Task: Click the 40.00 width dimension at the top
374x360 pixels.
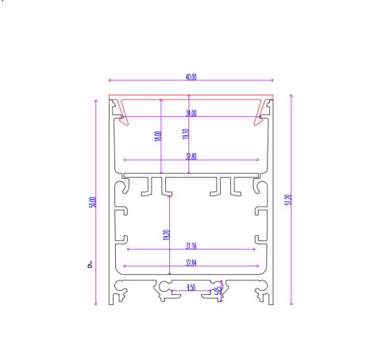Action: (191, 77)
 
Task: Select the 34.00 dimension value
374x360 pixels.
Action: (191, 114)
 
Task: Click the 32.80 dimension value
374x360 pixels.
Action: (191, 157)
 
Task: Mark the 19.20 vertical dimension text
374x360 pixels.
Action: (166, 235)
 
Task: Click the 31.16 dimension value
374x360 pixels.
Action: (191, 245)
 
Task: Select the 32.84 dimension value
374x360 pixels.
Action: (191, 262)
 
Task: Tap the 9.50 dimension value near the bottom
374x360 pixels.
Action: (191, 287)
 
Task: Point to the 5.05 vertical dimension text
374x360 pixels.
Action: (218, 291)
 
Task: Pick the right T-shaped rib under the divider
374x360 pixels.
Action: (226, 187)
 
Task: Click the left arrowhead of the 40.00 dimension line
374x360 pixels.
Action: (110, 81)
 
